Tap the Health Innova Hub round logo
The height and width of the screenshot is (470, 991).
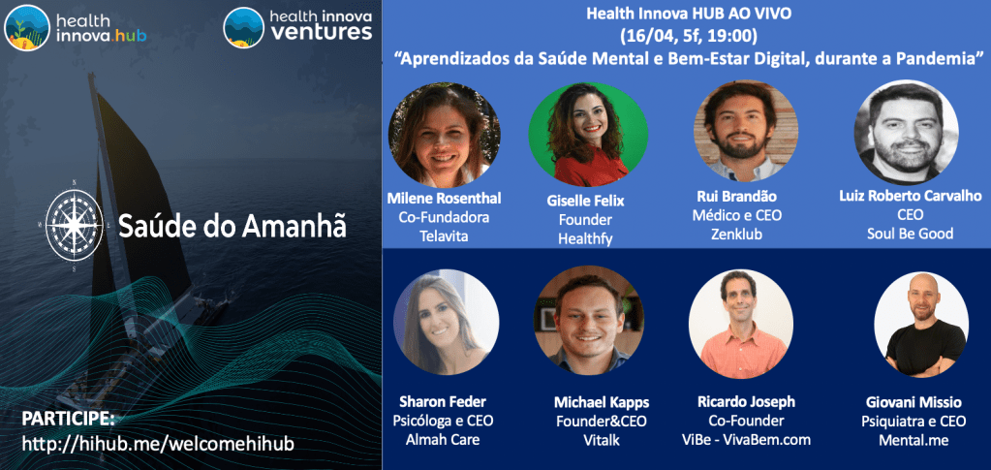pyautogui.click(x=27, y=27)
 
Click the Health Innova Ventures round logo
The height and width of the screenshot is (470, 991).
pyautogui.click(x=244, y=27)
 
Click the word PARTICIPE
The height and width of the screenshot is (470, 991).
pyautogui.click(x=68, y=419)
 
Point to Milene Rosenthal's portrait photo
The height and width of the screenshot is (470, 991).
pyautogui.click(x=444, y=133)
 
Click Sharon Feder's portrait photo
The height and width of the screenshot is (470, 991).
pyautogui.click(x=446, y=322)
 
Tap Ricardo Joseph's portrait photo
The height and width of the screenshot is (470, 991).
pyautogui.click(x=740, y=324)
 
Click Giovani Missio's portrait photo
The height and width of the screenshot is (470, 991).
pyautogui.click(x=920, y=324)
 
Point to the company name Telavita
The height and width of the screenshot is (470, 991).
pyautogui.click(x=444, y=235)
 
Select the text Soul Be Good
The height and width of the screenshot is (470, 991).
pyautogui.click(x=910, y=234)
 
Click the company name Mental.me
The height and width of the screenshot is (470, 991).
pyautogui.click(x=914, y=440)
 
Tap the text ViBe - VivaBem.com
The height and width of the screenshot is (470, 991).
pyautogui.click(x=746, y=440)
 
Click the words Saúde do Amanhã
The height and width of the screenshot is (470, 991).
pyautogui.click(x=232, y=226)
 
